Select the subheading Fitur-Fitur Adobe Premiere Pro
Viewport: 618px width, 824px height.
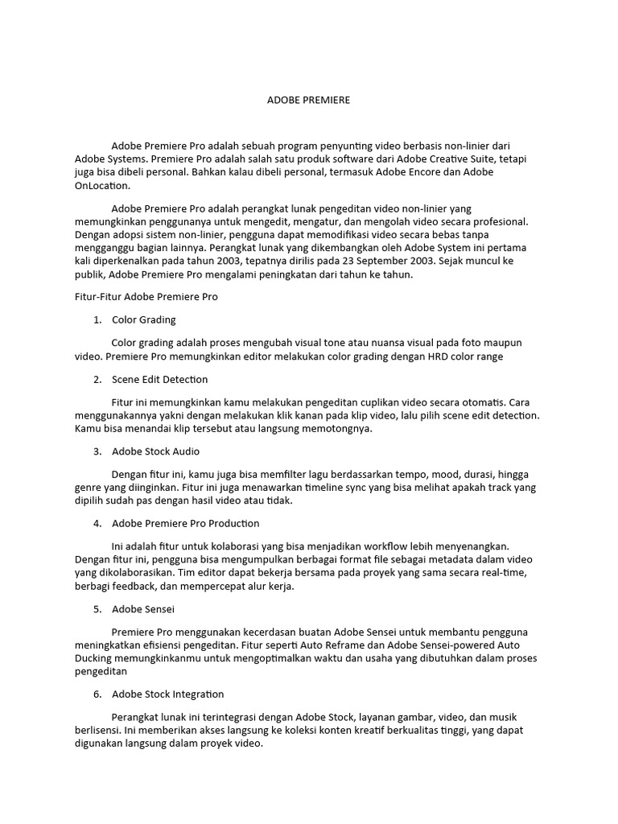pos(141,296)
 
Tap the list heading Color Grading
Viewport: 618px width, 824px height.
pos(143,319)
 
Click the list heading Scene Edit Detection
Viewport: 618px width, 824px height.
pos(159,379)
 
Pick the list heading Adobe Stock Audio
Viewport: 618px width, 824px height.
pos(155,451)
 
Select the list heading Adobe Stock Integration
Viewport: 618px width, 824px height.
pos(167,694)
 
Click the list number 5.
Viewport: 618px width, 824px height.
pos(97,609)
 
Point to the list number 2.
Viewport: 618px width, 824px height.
pos(97,379)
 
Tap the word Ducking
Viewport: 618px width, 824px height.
pos(93,658)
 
